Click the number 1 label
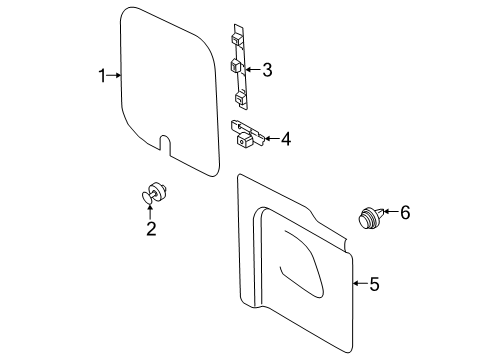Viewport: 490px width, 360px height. click(102, 75)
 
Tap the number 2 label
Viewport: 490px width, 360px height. click(151, 229)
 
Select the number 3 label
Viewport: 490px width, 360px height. click(267, 70)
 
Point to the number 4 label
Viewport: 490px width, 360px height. click(285, 139)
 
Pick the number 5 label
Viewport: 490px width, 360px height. click(374, 284)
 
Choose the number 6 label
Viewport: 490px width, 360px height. click(405, 212)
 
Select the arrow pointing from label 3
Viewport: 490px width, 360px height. click(253, 70)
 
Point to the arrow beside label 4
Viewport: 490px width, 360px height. click(270, 139)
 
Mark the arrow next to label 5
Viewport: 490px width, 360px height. click(360, 284)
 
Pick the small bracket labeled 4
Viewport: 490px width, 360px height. click(246, 133)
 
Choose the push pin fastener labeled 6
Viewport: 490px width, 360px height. click(370, 217)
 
